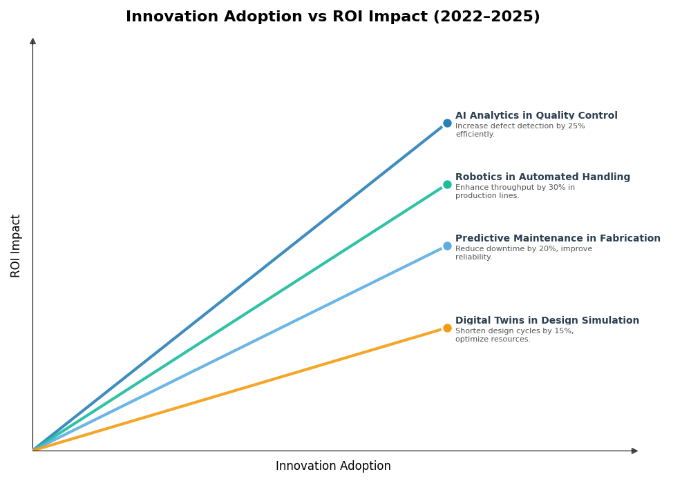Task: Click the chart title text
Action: point(332,17)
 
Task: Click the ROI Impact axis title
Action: point(16,246)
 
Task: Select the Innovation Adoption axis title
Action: point(333,466)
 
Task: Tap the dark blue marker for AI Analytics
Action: point(447,124)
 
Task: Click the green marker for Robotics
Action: point(447,185)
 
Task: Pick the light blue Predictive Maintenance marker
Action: point(447,246)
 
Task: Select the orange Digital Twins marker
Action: point(447,328)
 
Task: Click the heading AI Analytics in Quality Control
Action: point(536,116)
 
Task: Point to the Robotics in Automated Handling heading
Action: point(542,177)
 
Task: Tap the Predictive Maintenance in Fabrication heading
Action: point(558,239)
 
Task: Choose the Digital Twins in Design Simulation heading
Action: point(547,321)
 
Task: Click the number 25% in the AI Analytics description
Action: point(576,126)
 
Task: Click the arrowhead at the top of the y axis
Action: point(32,41)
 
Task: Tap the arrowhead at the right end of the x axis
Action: point(634,451)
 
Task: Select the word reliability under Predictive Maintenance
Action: point(473,257)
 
